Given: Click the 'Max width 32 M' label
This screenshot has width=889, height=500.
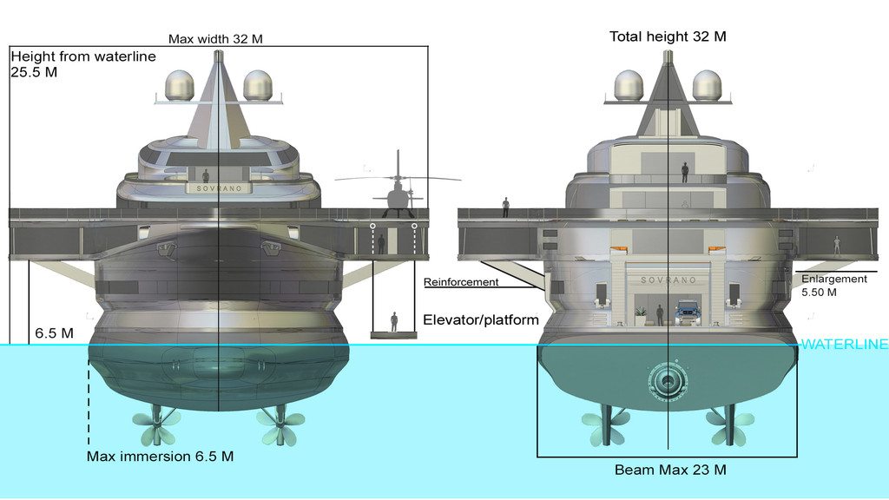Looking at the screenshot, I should pyautogui.click(x=215, y=39).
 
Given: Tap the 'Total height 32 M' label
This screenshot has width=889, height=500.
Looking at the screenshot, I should pyautogui.click(x=668, y=36).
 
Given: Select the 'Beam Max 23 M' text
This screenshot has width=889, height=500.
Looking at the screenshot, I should pyautogui.click(x=669, y=470).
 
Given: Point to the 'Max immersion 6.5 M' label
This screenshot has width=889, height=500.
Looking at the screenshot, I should pyautogui.click(x=160, y=456).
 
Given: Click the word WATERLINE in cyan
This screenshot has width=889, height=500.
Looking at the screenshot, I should pyautogui.click(x=844, y=345).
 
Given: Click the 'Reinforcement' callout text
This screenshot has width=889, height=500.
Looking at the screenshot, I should pyautogui.click(x=461, y=282).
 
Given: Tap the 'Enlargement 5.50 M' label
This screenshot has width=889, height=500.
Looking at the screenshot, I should pyautogui.click(x=833, y=286).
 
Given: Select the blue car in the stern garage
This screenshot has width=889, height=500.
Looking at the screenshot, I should pyautogui.click(x=688, y=312).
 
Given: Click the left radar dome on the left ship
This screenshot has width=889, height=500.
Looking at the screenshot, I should pyautogui.click(x=180, y=85).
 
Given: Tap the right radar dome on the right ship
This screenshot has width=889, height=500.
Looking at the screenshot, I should pyautogui.click(x=707, y=84).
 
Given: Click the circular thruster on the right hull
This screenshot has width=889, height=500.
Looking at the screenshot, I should pyautogui.click(x=668, y=378).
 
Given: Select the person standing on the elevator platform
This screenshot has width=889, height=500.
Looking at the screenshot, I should pyautogui.click(x=394, y=321).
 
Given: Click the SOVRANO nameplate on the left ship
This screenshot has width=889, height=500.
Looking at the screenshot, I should pyautogui.click(x=218, y=187).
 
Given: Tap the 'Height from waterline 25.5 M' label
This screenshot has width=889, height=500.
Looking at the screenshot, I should pyautogui.click(x=82, y=64).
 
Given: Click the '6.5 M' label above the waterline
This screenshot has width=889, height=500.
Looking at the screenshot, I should pyautogui.click(x=53, y=332).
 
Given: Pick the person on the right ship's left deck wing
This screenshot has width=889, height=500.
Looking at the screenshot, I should pyautogui.click(x=505, y=207).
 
